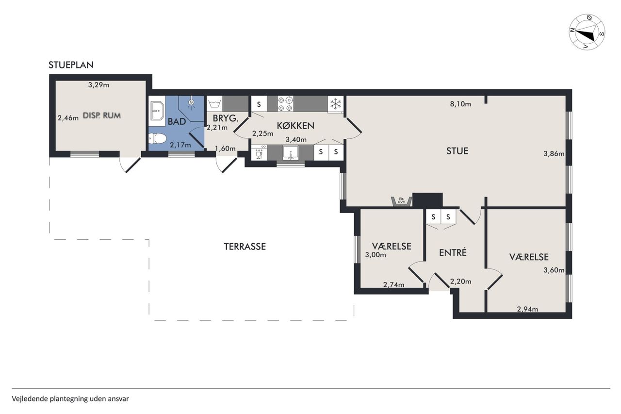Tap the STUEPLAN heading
[x=71, y=65]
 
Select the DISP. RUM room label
[x=102, y=116]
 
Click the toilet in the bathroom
[x=157, y=138]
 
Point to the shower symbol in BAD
[x=191, y=103]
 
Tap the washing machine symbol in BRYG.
[x=214, y=104]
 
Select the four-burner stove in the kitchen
[x=286, y=104]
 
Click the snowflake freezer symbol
[x=335, y=104]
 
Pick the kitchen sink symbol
[x=291, y=153]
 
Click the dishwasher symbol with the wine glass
[x=259, y=153]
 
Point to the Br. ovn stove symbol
[x=401, y=201]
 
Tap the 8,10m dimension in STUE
[x=460, y=104]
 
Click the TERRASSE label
[x=245, y=247]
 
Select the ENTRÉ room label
[x=453, y=252]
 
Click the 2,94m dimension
[x=527, y=309]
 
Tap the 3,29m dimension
[x=98, y=85]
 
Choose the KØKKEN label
[x=295, y=126]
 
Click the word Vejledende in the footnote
[x=30, y=399]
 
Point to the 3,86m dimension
[x=554, y=154]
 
